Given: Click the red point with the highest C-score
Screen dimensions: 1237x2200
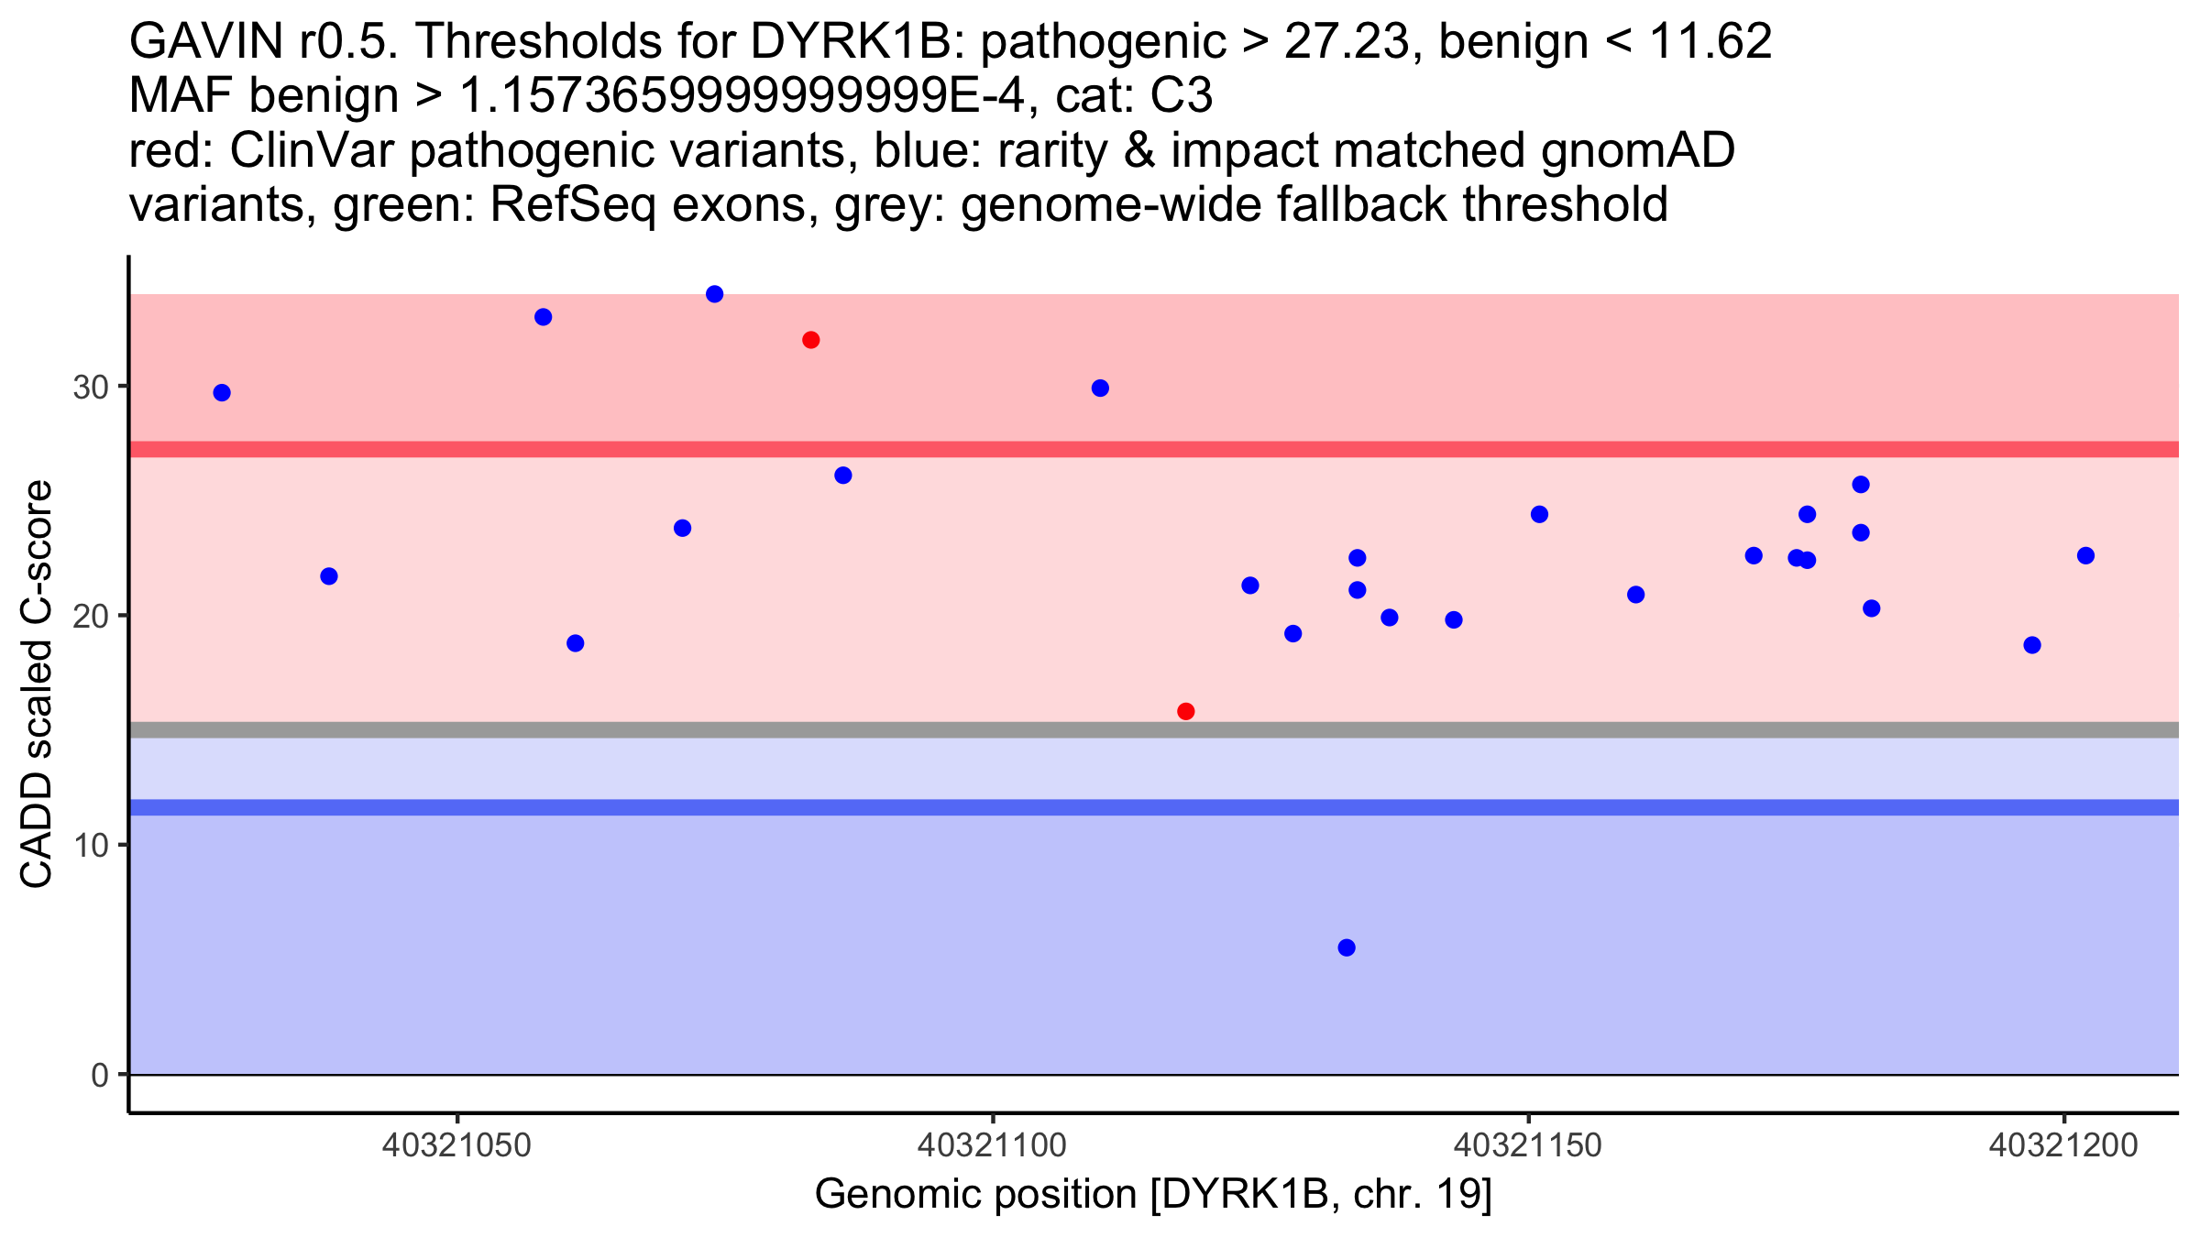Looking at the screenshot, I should coord(810,340).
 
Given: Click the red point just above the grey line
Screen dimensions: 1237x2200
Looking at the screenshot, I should coord(1185,711).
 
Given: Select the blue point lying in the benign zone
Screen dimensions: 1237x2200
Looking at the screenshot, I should coord(1346,947).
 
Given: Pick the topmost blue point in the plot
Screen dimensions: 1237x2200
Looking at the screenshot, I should coord(714,294).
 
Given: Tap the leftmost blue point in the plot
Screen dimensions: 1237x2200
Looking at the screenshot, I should coord(222,393).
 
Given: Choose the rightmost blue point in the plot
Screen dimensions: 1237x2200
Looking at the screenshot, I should coord(2085,555).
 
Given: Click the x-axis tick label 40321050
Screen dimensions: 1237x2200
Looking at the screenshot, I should coord(456,1145).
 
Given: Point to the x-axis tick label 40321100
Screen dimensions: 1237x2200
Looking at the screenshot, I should coord(993,1145).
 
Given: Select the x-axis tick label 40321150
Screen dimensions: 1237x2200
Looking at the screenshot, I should coord(1528,1145).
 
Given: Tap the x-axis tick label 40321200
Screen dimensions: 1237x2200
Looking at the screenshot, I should coord(2063,1145).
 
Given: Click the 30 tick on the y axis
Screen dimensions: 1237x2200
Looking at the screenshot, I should coord(91,387).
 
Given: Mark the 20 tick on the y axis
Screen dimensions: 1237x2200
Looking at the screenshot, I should coord(91,616).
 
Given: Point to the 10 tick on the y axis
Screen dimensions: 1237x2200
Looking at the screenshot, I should coord(91,845).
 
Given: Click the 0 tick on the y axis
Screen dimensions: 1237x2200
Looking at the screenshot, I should coord(100,1075).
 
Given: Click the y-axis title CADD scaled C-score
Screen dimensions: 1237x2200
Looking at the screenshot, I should coord(37,684).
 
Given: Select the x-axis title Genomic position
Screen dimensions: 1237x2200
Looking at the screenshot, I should coord(1153,1195).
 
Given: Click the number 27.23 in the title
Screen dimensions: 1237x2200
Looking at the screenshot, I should coord(1346,42).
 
